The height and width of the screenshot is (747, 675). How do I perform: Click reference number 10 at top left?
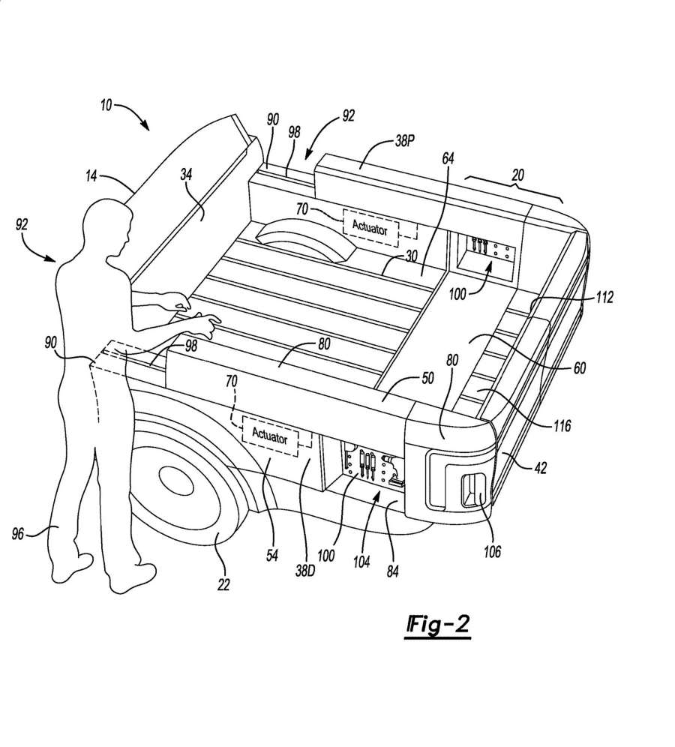[106, 106]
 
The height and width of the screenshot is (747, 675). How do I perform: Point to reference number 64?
[448, 159]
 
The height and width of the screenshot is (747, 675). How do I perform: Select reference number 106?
[491, 552]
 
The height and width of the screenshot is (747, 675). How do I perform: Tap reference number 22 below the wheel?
[223, 583]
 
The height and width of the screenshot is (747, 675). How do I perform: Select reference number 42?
[541, 468]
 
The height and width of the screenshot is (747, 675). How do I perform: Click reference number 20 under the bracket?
[517, 175]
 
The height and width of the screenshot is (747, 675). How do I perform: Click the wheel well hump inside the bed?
[300, 240]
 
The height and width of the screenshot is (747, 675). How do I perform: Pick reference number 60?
[579, 368]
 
